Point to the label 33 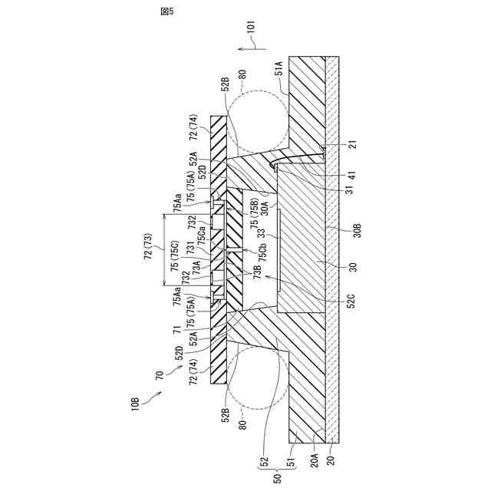click(x=262, y=233)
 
